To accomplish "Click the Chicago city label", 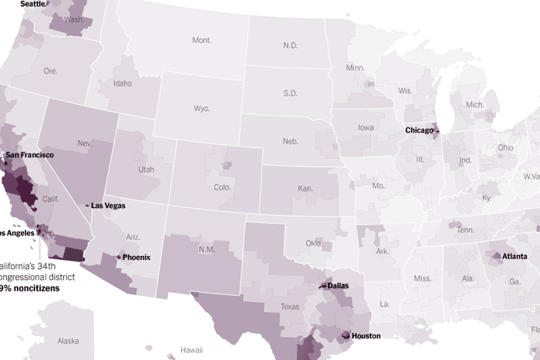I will click(x=420, y=130).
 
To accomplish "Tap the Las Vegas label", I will click(x=108, y=206).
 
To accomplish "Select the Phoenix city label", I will click(x=136, y=257).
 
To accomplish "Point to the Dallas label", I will click(x=338, y=285).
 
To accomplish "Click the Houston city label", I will click(x=366, y=336).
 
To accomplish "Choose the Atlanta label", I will click(x=515, y=256).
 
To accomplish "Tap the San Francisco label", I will click(x=30, y=155).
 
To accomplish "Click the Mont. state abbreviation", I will click(x=202, y=40).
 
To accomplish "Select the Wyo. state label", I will click(x=202, y=109).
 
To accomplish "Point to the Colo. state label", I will click(x=222, y=187).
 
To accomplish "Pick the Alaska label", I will click(x=68, y=341).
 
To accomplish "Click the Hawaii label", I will click(x=191, y=350).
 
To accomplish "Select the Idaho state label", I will click(x=122, y=83).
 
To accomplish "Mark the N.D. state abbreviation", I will click(x=290, y=45).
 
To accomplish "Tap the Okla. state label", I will click(x=314, y=244).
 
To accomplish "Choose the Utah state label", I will click(x=146, y=170).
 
